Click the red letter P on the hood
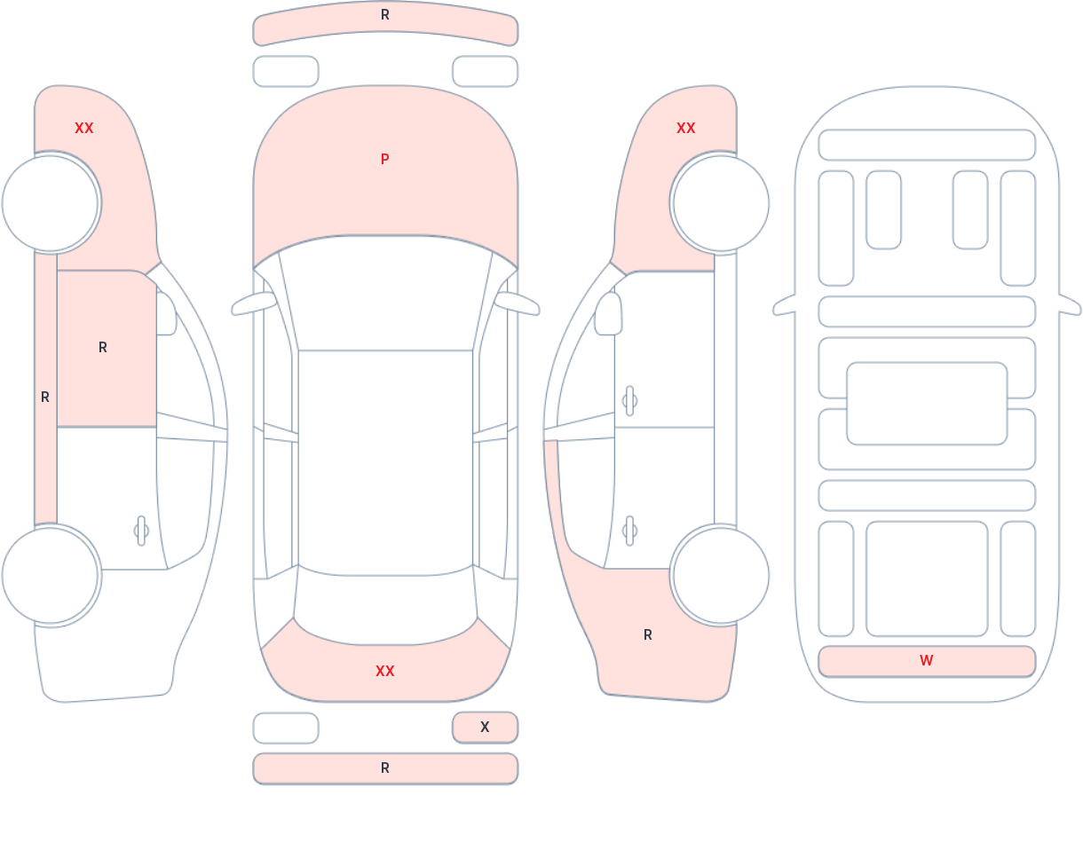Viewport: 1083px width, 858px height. click(385, 160)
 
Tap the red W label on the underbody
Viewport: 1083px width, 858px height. click(927, 660)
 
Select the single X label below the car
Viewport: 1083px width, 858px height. click(485, 727)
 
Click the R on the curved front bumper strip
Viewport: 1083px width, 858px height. click(385, 15)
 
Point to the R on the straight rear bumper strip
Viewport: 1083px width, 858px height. click(385, 768)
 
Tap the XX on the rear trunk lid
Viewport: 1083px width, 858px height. click(385, 671)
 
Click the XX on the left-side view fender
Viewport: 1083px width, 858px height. click(84, 129)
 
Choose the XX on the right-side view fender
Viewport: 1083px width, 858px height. click(686, 129)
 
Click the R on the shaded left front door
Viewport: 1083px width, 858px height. click(103, 348)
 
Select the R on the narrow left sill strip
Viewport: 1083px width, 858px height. click(45, 398)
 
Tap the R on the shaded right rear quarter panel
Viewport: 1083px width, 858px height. click(648, 634)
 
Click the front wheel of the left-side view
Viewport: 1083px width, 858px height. click(51, 203)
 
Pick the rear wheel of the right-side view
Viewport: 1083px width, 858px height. click(721, 575)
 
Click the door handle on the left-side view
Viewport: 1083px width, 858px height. click(141, 531)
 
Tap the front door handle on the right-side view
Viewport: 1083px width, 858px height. click(629, 401)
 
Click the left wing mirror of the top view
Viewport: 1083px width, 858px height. click(253, 303)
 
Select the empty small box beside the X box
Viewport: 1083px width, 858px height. click(286, 728)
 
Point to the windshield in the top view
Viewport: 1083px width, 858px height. click(385, 292)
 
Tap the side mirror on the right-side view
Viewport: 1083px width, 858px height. click(608, 314)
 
